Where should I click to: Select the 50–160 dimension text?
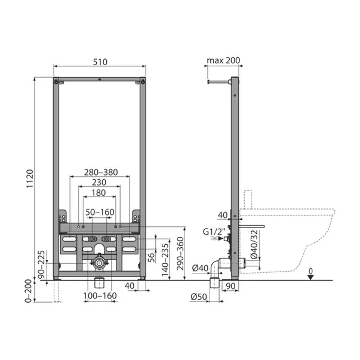100,212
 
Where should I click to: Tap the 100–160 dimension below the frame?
100,296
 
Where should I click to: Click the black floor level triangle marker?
310,276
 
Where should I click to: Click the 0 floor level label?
310,269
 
